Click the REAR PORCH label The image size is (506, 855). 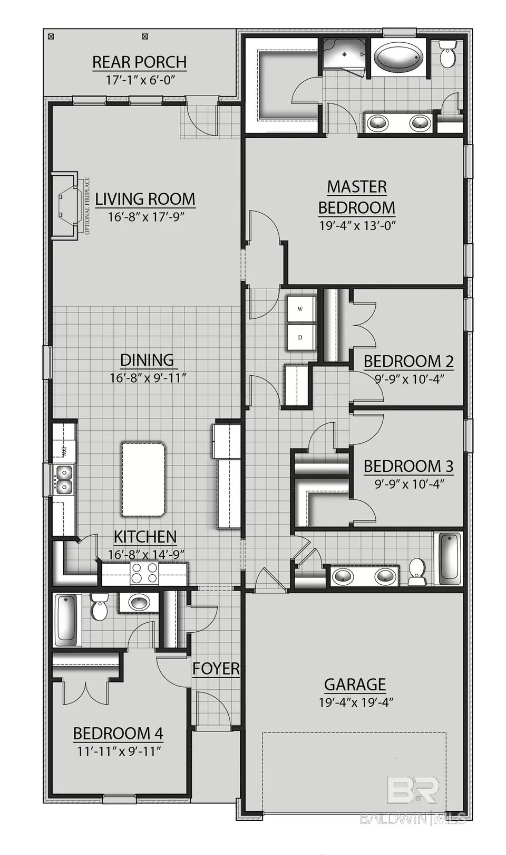(139, 62)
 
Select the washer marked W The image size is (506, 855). (300, 309)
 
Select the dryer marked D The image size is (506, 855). (300, 337)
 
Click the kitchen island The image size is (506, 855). (143, 479)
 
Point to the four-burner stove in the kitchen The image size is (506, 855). (144, 573)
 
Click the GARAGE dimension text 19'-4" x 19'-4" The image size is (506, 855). (356, 702)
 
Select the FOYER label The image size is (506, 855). (216, 669)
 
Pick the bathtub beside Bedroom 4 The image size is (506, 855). (66, 618)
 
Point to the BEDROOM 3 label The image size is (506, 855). (408, 466)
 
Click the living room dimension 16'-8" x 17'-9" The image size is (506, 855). (145, 217)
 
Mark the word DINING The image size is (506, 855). (147, 360)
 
